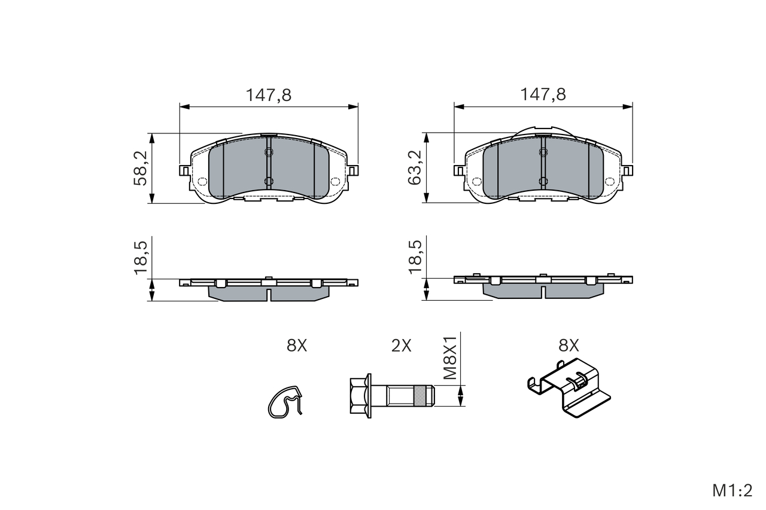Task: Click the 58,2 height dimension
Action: coord(140,168)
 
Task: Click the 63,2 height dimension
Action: coord(414,168)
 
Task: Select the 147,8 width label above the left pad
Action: coord(269,95)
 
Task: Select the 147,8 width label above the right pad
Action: coord(543,94)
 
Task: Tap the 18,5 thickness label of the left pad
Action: coord(140,258)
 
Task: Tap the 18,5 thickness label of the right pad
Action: coord(415,257)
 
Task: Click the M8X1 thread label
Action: coord(450,358)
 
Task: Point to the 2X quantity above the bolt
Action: coord(401,346)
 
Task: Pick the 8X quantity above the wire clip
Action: coord(297,346)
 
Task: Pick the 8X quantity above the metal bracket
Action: coord(569,346)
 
